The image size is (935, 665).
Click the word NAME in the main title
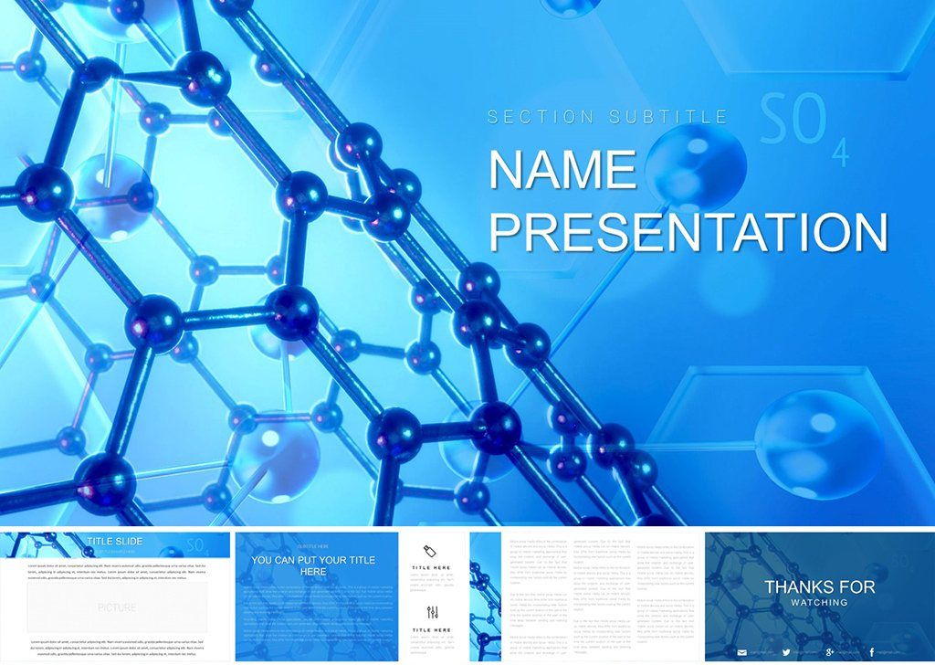(562, 170)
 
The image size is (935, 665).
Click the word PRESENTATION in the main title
(688, 232)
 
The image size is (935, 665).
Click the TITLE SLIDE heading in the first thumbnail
(114, 542)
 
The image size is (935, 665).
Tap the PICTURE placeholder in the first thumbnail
(117, 607)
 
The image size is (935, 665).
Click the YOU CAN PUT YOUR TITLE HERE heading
(313, 565)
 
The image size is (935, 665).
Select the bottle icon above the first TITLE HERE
(432, 550)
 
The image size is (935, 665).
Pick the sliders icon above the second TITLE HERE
(432, 612)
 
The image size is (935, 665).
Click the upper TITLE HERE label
(432, 568)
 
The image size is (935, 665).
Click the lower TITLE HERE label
(432, 630)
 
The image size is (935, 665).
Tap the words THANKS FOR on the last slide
(819, 586)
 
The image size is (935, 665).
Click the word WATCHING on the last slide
(819, 603)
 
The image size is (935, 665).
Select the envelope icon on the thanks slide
(741, 651)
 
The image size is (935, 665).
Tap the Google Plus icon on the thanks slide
(828, 651)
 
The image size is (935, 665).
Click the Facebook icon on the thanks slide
(872, 651)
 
